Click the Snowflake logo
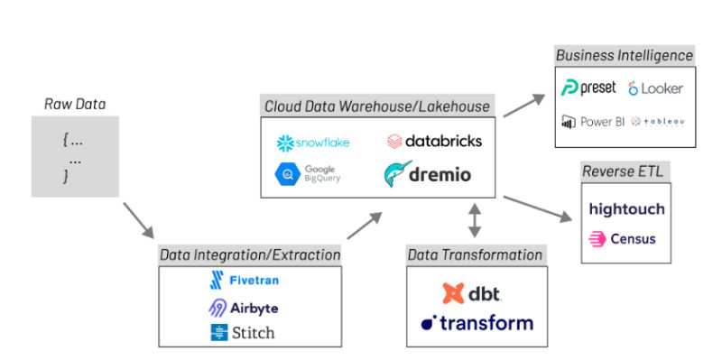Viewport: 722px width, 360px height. tap(312, 143)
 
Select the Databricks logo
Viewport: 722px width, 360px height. tap(434, 141)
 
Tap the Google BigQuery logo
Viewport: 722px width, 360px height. tap(308, 174)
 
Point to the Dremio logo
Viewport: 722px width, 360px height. tap(427, 174)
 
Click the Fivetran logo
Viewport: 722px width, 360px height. tap(243, 280)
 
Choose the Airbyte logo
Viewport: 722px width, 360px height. tap(243, 307)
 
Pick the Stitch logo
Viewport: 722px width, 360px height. tap(242, 332)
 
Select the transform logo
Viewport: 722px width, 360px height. tap(477, 322)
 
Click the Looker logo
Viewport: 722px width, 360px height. tap(655, 88)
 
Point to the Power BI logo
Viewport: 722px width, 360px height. tap(592, 122)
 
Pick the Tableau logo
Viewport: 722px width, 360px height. tap(657, 122)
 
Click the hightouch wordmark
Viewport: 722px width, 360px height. tap(626, 208)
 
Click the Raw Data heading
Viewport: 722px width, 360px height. tap(75, 104)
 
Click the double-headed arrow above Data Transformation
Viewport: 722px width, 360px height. tap(475, 220)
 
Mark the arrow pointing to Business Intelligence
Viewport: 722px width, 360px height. tap(525, 104)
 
